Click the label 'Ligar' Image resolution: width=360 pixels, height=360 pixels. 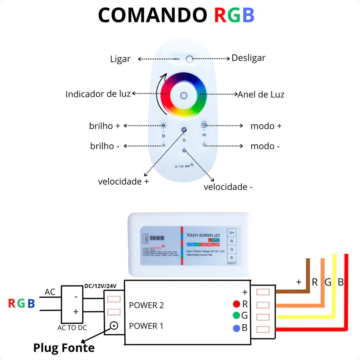click(120, 59)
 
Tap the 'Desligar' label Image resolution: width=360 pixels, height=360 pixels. click(248, 58)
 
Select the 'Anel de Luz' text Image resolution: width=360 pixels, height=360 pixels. click(261, 95)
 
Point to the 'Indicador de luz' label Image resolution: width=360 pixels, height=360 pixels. click(98, 94)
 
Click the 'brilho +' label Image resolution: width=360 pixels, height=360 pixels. click(104, 126)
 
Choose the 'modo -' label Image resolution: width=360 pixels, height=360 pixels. click(265, 146)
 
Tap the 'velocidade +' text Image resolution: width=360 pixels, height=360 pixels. click(123, 181)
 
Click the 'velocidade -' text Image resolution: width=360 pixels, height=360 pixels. click(228, 187)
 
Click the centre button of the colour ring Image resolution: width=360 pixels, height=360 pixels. click(184, 95)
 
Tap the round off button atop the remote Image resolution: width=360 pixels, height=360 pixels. click(189, 59)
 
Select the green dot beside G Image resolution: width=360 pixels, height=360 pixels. click(236, 315)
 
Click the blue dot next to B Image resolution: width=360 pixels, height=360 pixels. click(236, 328)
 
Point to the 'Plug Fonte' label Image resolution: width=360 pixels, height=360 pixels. click(64, 348)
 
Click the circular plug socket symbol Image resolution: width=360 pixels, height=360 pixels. click(114, 326)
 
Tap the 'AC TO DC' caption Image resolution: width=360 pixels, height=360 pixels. click(72, 328)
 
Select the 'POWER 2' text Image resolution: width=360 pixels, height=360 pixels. click(146, 305)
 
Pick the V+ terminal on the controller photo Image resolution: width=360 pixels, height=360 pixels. click(232, 233)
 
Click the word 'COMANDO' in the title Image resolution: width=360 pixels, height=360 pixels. click(153, 16)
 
